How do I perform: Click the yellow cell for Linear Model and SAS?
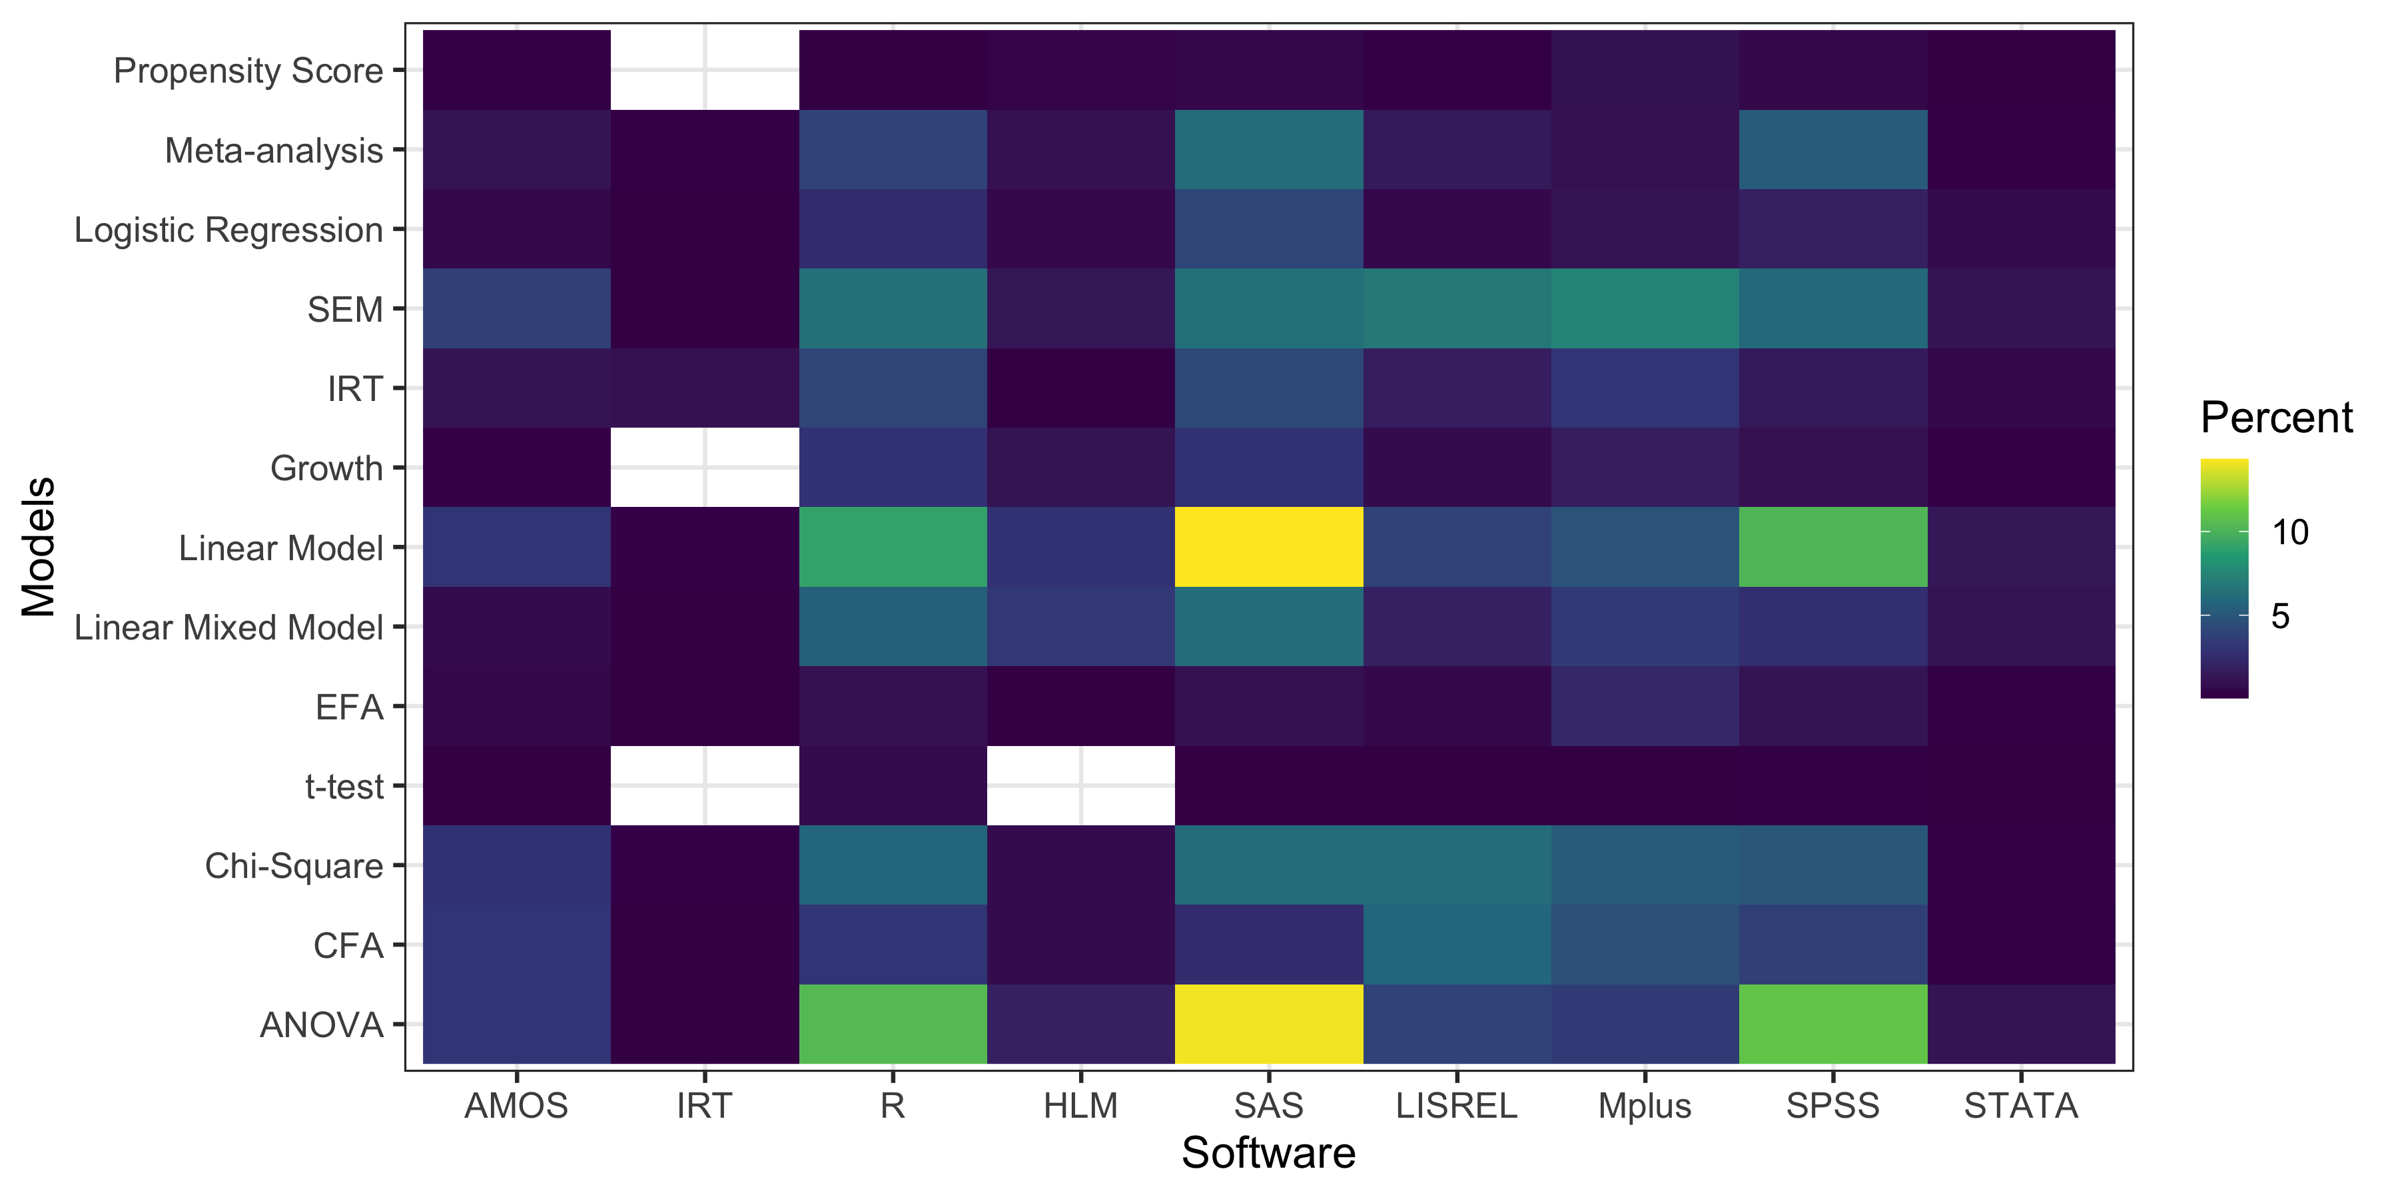(x=1269, y=548)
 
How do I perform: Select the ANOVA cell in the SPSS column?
(x=1833, y=1024)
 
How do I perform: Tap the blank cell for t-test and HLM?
(x=1081, y=786)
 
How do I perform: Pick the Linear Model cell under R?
(x=893, y=548)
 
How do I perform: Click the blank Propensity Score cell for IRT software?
(x=705, y=70)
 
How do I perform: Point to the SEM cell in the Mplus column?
(x=1645, y=308)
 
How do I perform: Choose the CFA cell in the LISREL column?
(x=1457, y=945)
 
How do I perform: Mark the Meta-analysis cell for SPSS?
(x=1833, y=149)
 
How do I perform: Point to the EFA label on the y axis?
(x=349, y=707)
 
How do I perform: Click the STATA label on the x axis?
(x=2021, y=1106)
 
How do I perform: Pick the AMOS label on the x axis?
(x=517, y=1106)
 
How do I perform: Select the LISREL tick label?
(x=1457, y=1106)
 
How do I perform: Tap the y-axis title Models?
(x=39, y=548)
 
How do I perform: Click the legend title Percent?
(x=2276, y=418)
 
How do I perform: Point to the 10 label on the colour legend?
(x=2290, y=532)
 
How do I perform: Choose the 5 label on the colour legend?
(x=2280, y=616)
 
